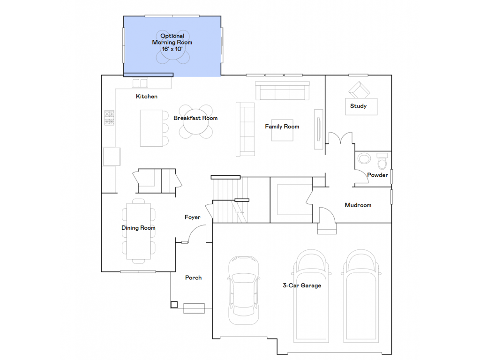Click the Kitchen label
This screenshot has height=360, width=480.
point(147,97)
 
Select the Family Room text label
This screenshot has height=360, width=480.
point(282,127)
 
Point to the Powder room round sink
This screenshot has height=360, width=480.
point(364,159)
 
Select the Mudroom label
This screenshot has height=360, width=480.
point(358,205)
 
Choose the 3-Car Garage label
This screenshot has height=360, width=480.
point(301,285)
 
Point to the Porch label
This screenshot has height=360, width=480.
point(193,277)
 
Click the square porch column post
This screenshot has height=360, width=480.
point(174,305)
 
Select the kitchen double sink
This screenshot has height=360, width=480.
point(140,83)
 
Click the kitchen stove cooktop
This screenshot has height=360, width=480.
point(109,118)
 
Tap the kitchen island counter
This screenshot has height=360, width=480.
point(151,128)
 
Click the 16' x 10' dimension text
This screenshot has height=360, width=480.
point(172,49)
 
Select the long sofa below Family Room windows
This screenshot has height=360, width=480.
point(283,90)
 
